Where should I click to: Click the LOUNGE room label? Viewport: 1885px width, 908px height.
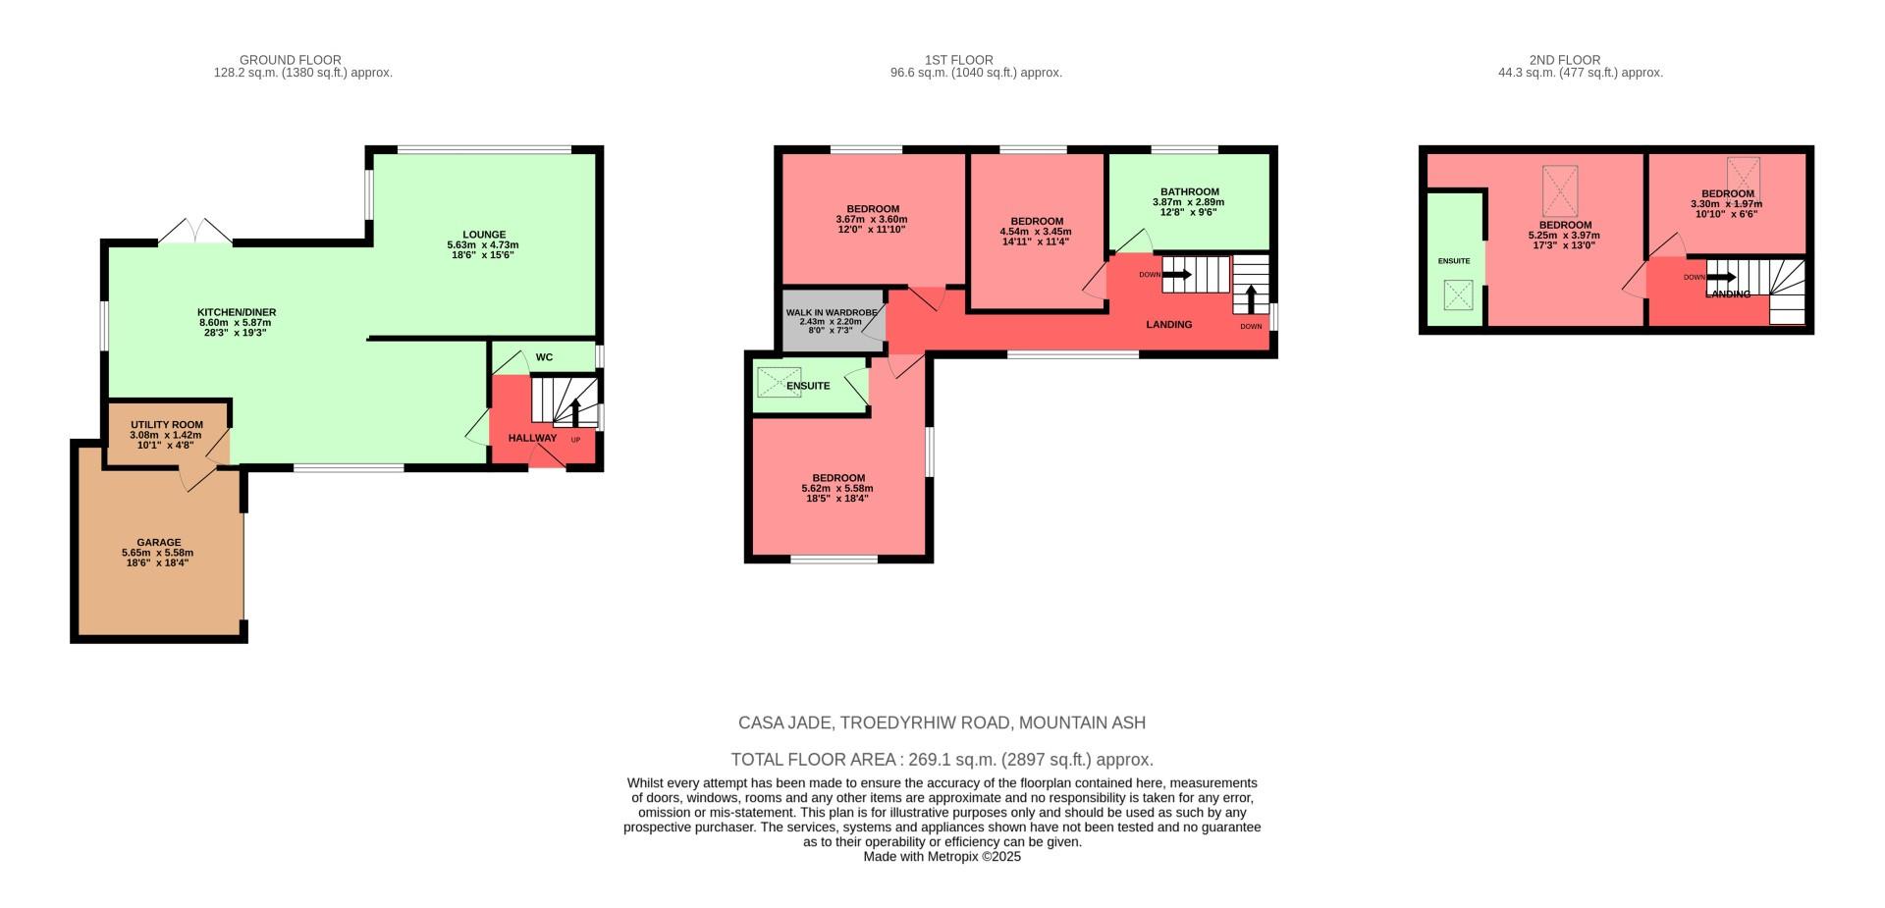point(482,235)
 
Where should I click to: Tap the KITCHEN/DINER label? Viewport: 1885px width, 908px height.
point(236,312)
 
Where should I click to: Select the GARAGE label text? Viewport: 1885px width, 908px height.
point(158,542)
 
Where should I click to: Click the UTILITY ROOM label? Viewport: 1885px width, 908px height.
point(167,425)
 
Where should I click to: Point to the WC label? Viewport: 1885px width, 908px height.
point(544,357)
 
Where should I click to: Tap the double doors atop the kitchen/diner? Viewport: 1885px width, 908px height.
point(195,231)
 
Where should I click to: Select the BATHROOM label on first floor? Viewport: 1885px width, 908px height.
point(1189,192)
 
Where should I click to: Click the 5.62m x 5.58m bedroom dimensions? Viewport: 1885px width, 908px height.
point(836,488)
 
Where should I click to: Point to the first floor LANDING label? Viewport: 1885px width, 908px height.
point(1168,325)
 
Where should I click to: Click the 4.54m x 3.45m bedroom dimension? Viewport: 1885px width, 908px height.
point(1036,232)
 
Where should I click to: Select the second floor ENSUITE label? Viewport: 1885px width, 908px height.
point(1453,261)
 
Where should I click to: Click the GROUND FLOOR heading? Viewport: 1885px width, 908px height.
point(290,60)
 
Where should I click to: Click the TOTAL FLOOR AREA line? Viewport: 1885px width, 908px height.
point(942,760)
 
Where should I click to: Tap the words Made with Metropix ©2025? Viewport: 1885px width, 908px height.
point(942,856)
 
